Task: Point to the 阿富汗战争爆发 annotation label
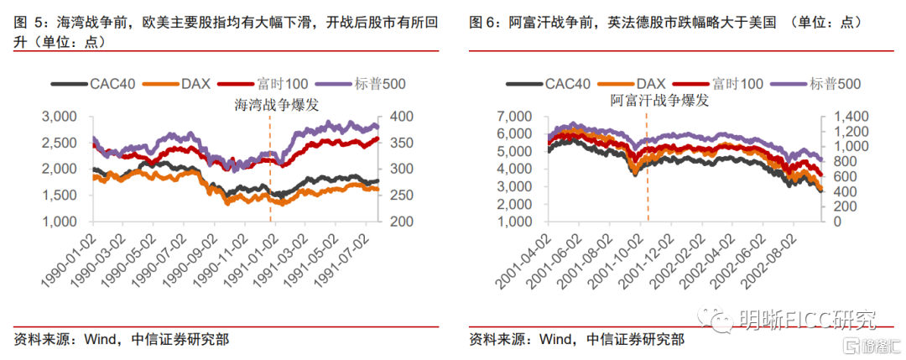(x=659, y=101)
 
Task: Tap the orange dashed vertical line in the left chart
(x=270, y=168)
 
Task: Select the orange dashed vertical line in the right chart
(x=647, y=168)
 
